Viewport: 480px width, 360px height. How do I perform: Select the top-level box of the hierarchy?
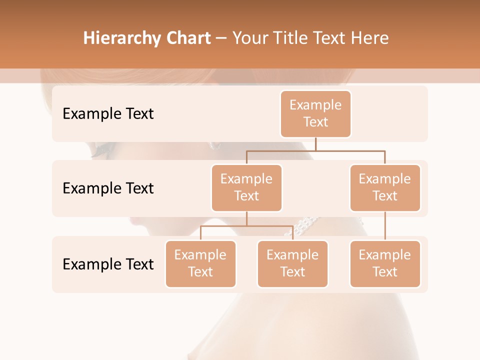point(315,113)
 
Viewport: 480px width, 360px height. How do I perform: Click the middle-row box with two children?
point(246,187)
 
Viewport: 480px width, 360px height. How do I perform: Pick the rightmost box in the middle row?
point(385,187)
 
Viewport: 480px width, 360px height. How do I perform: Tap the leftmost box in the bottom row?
point(200,263)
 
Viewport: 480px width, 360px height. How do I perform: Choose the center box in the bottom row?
point(292,263)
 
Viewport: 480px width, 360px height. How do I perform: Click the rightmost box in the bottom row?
point(385,263)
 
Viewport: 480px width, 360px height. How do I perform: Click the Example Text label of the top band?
point(108,114)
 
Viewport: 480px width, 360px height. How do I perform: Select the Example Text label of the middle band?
point(108,188)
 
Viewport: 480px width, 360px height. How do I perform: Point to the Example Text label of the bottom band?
point(108,264)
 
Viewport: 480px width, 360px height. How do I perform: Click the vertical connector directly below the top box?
point(315,144)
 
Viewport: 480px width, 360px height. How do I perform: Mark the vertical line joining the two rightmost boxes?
point(385,226)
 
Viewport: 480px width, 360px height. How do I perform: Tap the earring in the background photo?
point(215,146)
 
